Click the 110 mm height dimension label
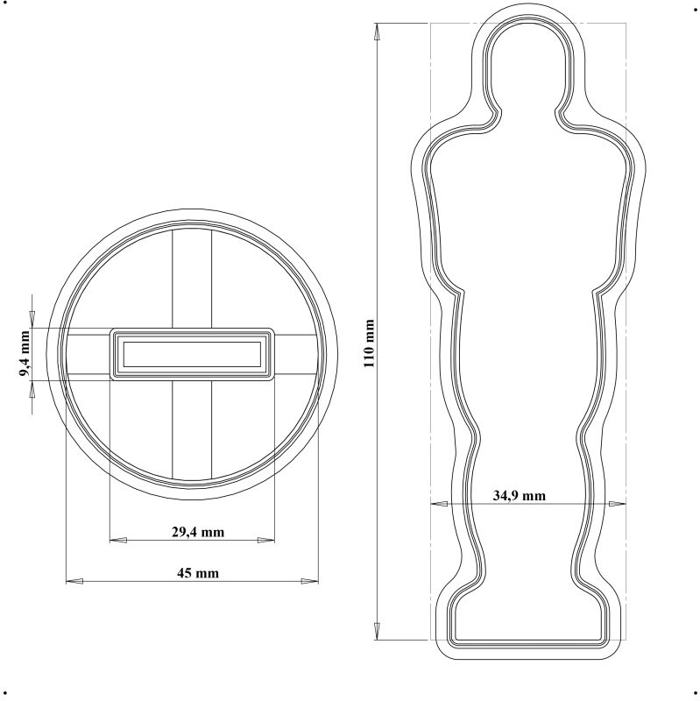pos(369,343)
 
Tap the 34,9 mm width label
pos(519,495)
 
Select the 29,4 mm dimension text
pos(198,532)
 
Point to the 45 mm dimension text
pos(198,573)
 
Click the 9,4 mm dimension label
pos(25,353)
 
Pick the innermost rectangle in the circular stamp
pos(192,354)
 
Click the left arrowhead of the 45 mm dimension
pos(74,581)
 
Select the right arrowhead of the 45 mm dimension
pos(310,581)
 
